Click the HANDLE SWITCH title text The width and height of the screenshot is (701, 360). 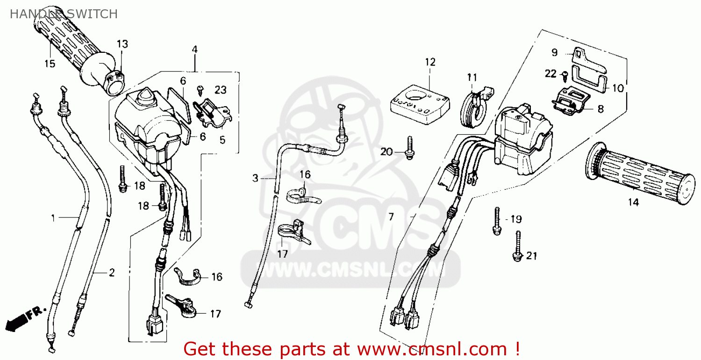[64, 14]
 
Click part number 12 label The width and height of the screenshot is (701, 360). [430, 62]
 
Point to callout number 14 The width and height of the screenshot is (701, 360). [633, 202]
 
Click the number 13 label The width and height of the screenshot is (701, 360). [122, 44]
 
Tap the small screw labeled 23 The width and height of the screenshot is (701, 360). [202, 88]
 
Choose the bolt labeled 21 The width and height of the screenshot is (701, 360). [517, 245]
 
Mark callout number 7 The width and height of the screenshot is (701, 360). [391, 216]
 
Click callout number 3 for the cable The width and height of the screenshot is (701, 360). [255, 178]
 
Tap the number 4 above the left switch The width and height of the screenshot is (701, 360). [194, 49]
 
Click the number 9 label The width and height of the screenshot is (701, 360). [554, 52]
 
